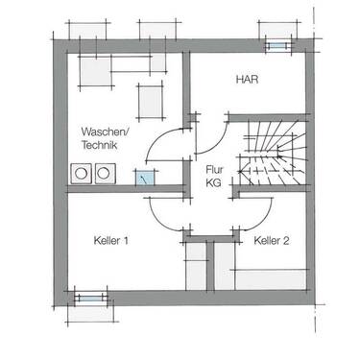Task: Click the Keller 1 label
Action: coord(111,241)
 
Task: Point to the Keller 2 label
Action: coord(273,241)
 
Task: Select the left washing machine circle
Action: coord(83,173)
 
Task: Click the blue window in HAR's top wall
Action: coord(277,45)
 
